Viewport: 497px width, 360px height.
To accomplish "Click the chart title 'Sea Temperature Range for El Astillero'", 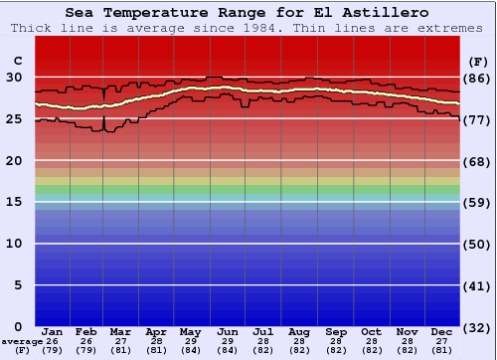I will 248,12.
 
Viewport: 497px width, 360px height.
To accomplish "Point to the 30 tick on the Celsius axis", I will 15,77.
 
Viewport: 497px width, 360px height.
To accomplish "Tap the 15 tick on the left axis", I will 15,202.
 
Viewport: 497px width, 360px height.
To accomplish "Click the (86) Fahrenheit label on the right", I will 477,78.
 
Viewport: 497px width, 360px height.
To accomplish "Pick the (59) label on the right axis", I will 477,202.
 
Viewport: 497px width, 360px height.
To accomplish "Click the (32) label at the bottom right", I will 477,326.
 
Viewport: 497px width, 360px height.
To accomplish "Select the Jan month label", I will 53,331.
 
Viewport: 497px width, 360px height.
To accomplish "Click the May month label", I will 190,331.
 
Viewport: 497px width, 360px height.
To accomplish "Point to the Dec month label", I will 442,331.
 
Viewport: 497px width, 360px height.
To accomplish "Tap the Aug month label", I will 299,331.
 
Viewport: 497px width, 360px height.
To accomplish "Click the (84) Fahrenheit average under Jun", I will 227,350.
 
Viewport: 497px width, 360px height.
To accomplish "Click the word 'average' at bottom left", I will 22,341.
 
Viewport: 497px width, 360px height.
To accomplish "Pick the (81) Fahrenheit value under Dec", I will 442,350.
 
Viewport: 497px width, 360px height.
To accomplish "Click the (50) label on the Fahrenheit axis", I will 477,244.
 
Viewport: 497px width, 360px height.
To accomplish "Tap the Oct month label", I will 371,331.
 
